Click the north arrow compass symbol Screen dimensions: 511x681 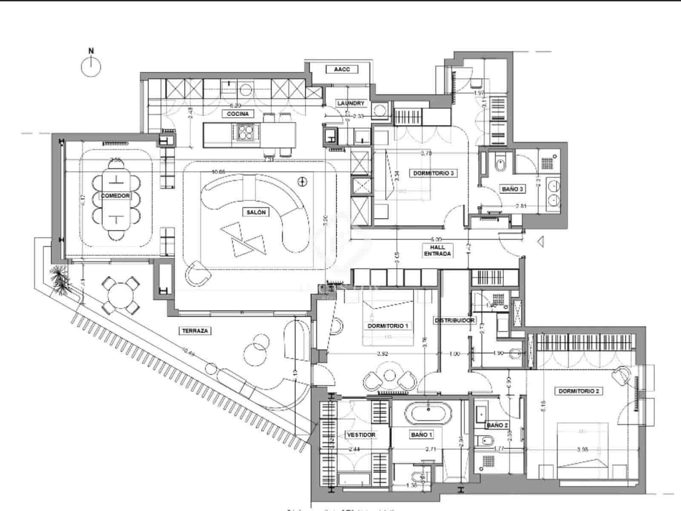91,66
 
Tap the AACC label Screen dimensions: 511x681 342,69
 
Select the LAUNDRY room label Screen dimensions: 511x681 351,103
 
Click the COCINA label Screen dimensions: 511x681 237,114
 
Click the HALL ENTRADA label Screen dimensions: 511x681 438,250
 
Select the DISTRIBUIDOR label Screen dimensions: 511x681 454,320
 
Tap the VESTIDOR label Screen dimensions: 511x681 361,435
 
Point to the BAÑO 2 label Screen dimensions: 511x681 497,425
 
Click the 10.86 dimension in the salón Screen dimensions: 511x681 218,172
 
